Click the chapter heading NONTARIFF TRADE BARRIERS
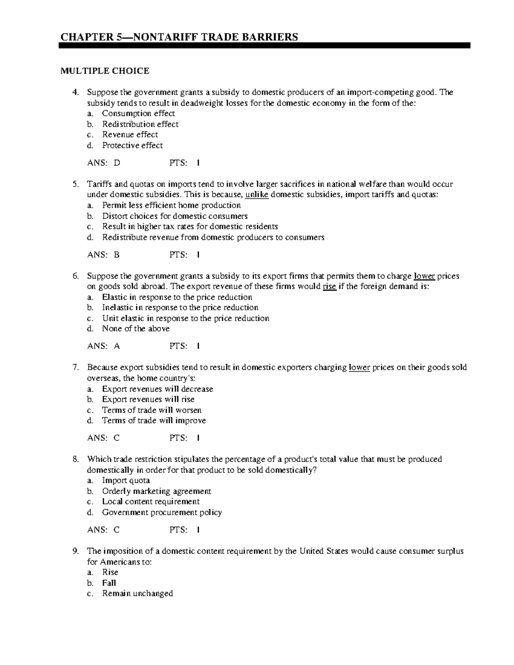coord(179,37)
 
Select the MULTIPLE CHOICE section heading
coord(105,71)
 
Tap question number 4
coord(76,92)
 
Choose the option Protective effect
coord(132,146)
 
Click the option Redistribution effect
coord(140,124)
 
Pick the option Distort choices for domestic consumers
coord(175,216)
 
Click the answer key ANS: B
coord(103,255)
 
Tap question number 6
coord(76,276)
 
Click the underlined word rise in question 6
coord(329,287)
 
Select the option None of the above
coord(135,329)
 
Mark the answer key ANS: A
coord(103,346)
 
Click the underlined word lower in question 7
coord(359,367)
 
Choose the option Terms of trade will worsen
coord(152,410)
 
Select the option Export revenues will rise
coord(148,400)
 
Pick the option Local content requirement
coord(151,502)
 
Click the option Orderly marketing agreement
coord(156,491)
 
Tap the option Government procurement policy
coord(162,513)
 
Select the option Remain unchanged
coord(137,593)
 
